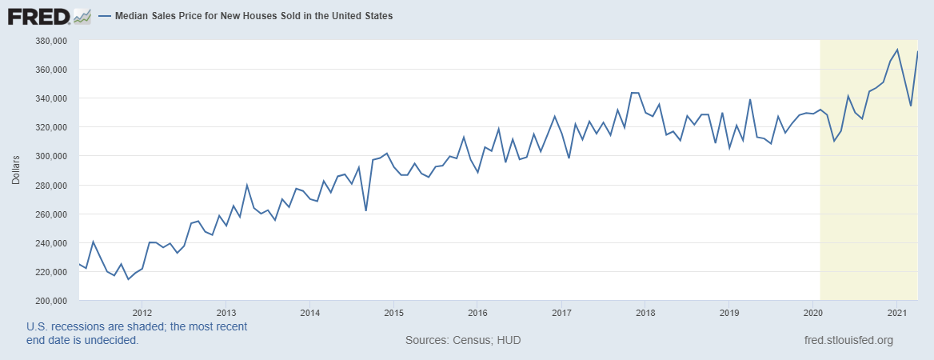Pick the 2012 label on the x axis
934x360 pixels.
coord(142,312)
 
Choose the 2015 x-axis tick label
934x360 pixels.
coord(393,312)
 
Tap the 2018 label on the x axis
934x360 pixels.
coord(645,312)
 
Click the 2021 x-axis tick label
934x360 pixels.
coord(896,312)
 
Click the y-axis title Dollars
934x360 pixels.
coord(16,170)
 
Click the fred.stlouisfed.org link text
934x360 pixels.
coord(848,341)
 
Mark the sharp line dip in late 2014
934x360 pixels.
coord(365,210)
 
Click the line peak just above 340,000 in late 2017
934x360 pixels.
coord(634,93)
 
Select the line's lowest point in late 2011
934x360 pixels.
coord(128,279)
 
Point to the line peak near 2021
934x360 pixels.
coord(897,50)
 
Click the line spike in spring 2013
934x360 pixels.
coord(246,185)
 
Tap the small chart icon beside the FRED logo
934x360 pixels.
coord(82,15)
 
